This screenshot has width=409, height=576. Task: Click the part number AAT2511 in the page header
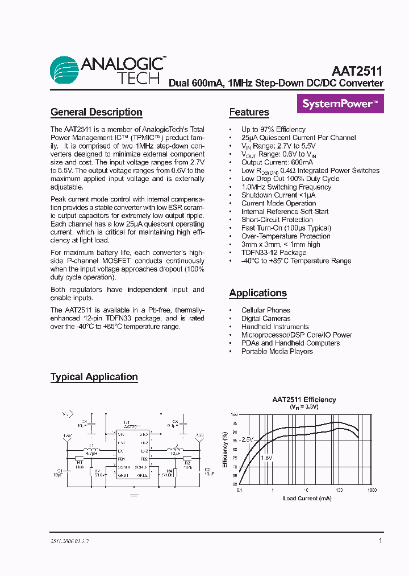(357, 71)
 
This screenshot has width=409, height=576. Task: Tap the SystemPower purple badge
(340, 104)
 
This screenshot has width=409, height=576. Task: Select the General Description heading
(96, 112)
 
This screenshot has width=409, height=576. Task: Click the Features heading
(249, 112)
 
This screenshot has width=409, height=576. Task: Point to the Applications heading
(258, 293)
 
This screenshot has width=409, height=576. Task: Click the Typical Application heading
(94, 377)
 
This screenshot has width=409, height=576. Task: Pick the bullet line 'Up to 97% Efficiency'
(273, 129)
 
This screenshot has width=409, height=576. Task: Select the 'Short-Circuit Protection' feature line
(277, 220)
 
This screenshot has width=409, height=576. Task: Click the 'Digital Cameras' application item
(265, 319)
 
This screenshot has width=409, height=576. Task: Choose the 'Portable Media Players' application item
(277, 351)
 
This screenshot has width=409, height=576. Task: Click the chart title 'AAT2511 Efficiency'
(303, 400)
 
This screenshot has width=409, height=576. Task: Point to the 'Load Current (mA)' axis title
(307, 498)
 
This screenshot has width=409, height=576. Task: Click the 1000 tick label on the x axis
(372, 490)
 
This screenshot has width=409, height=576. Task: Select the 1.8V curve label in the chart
(266, 457)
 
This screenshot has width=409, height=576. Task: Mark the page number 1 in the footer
(380, 541)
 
